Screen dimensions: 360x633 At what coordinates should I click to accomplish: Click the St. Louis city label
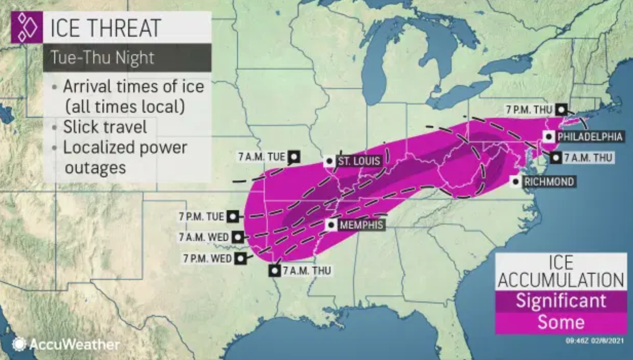click(x=359, y=161)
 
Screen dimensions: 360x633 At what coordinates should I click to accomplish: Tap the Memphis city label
click(x=361, y=225)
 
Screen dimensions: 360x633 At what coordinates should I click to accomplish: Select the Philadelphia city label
click(x=589, y=137)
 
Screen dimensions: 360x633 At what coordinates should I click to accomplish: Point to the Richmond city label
click(x=549, y=181)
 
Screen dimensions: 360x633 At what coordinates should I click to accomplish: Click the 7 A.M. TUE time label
click(x=262, y=157)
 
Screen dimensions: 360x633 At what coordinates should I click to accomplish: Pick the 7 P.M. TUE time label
click(x=201, y=216)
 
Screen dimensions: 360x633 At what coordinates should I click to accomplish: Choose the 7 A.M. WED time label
click(x=204, y=237)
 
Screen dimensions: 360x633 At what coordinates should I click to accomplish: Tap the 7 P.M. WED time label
click(x=207, y=258)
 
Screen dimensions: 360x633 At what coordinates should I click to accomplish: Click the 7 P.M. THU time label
click(x=529, y=110)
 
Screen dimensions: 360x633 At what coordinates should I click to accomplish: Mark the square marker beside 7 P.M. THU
click(x=561, y=110)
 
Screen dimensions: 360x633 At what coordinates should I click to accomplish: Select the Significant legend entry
click(x=561, y=301)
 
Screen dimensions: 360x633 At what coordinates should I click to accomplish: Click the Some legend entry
click(x=561, y=322)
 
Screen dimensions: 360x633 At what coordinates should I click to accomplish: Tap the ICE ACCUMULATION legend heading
click(x=561, y=272)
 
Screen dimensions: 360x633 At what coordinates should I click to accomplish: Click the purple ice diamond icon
click(x=27, y=28)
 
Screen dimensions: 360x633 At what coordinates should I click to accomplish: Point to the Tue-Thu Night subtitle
click(x=102, y=58)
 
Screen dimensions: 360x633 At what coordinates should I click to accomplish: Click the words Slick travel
click(x=105, y=127)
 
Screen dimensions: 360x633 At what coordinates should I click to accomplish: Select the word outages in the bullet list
click(x=95, y=168)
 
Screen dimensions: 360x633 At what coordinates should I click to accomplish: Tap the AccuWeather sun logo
click(x=19, y=344)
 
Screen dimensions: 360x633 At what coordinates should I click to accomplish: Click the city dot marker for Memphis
click(x=331, y=225)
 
